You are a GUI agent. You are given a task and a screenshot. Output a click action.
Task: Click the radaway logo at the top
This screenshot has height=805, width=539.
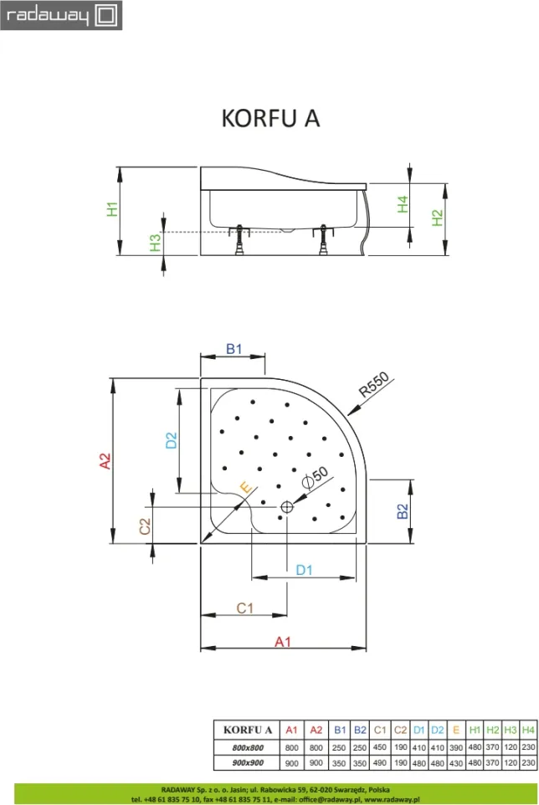61,15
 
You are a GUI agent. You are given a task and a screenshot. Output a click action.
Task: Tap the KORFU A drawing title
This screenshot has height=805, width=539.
270,118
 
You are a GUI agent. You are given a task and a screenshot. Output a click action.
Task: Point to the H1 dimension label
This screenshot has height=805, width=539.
112,209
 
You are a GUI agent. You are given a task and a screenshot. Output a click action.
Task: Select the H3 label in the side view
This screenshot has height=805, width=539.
155,243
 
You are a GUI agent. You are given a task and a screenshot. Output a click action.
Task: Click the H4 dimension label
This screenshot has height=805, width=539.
403,204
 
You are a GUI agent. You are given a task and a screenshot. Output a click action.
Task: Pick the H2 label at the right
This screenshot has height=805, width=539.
437,218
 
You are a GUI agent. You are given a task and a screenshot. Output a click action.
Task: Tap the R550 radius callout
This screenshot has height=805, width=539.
374,385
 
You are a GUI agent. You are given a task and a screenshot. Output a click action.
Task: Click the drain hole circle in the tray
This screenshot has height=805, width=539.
287,507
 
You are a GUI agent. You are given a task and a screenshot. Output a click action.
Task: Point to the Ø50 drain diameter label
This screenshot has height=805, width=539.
315,478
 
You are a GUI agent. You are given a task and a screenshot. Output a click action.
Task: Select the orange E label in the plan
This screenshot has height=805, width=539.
247,487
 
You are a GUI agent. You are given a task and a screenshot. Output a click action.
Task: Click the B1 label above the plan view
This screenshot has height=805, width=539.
234,349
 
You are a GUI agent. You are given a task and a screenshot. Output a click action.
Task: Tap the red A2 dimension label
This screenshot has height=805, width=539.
105,460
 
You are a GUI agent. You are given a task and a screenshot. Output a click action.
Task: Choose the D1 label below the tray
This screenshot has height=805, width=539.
305,570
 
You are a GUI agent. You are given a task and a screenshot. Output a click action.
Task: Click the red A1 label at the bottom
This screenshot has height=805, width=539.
283,642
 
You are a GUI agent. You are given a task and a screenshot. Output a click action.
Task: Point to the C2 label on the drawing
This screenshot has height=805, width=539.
146,526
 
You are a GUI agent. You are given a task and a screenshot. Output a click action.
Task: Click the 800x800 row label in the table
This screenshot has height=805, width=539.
248,747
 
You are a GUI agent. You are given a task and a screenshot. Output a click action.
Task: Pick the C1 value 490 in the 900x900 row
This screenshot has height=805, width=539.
380,763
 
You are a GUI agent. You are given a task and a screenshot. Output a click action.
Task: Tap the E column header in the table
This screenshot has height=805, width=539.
456,730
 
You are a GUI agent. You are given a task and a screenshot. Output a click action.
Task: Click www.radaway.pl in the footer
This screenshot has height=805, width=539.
392,799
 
